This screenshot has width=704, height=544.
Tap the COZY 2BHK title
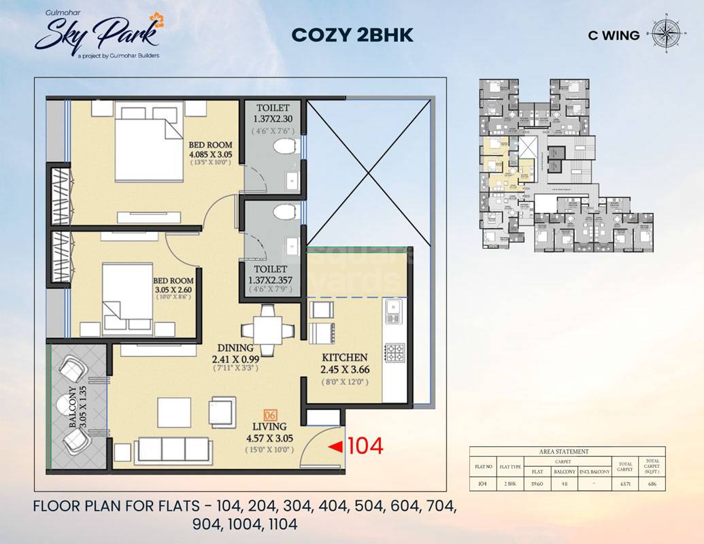pyautogui.click(x=352, y=35)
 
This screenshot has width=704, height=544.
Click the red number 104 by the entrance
pyautogui.click(x=366, y=446)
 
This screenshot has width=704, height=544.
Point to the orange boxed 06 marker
pyautogui.click(x=269, y=414)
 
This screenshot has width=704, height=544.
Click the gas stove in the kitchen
pyautogui.click(x=394, y=353)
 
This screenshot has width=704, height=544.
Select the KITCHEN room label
pyautogui.click(x=344, y=358)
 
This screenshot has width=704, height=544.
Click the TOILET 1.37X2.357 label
pyautogui.click(x=272, y=275)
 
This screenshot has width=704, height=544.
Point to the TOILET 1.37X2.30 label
pyautogui.click(x=273, y=114)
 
